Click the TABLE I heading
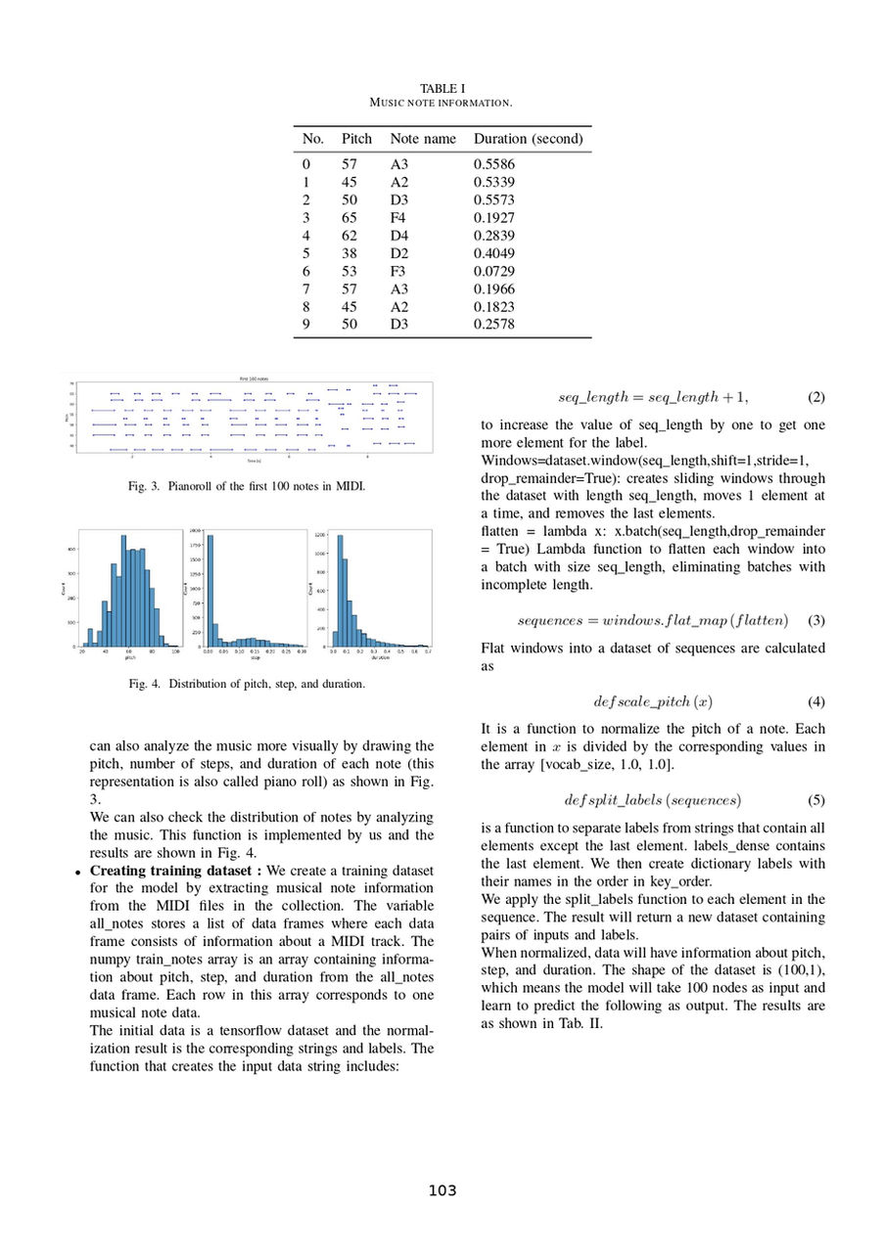pyautogui.click(x=442, y=89)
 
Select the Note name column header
pyautogui.click(x=423, y=139)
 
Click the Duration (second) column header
pyautogui.click(x=528, y=139)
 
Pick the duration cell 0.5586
pyautogui.click(x=494, y=164)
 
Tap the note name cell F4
pyautogui.click(x=398, y=218)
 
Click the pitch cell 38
pyautogui.click(x=349, y=253)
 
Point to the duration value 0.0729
pyautogui.click(x=494, y=271)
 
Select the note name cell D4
pyautogui.click(x=399, y=236)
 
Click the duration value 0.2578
pyautogui.click(x=494, y=325)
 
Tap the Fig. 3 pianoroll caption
pyautogui.click(x=247, y=486)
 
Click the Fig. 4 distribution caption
pyautogui.click(x=247, y=684)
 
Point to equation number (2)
pyautogui.click(x=816, y=397)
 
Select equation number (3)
pyautogui.click(x=816, y=620)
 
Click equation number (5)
pyautogui.click(x=816, y=800)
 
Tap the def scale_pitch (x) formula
pyautogui.click(x=652, y=701)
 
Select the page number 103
pyautogui.click(x=442, y=1190)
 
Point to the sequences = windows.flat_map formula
pyautogui.click(x=652, y=620)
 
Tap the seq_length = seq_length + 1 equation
pyautogui.click(x=653, y=397)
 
